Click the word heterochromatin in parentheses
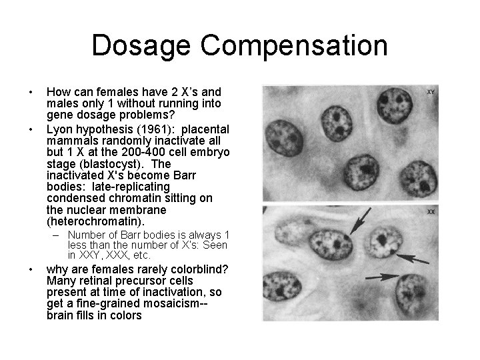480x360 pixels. (x=96, y=221)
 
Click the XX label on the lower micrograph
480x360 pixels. (x=431, y=211)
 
